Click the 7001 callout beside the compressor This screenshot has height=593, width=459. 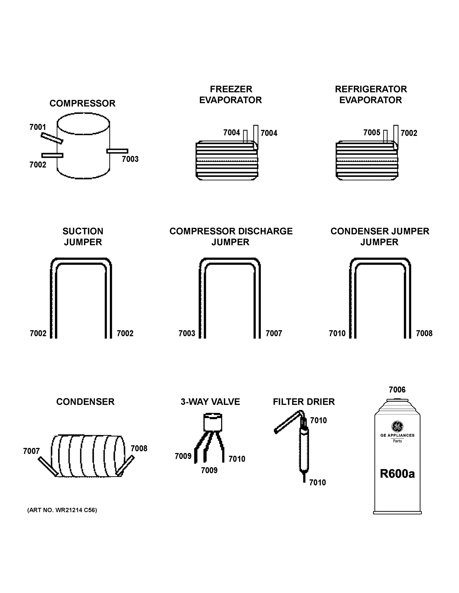coord(38,127)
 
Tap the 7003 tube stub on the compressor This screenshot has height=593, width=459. coord(117,151)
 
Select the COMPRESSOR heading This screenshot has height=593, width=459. coord(82,103)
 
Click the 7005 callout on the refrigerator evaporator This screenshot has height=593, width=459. coord(371,132)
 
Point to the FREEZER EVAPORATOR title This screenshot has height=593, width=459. coord(231,94)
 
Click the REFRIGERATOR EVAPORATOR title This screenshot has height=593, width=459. coord(371,94)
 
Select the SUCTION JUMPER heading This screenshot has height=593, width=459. coord(83,236)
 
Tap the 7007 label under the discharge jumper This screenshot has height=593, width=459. coord(274,333)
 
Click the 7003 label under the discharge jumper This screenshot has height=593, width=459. coord(187,333)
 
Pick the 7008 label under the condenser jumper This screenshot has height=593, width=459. coord(424,333)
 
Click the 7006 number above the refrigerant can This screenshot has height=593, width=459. coord(397,390)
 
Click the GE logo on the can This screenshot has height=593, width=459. coord(397,426)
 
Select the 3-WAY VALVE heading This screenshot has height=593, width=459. coord(210,402)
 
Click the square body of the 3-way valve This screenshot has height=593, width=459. coord(213,423)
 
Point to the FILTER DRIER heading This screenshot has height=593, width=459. coord(304,402)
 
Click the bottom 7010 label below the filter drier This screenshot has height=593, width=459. coord(317,483)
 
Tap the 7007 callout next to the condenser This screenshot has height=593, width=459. coord(31,451)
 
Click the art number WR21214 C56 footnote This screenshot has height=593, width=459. coord(62,510)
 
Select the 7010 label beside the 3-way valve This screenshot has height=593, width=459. coord(237,459)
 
